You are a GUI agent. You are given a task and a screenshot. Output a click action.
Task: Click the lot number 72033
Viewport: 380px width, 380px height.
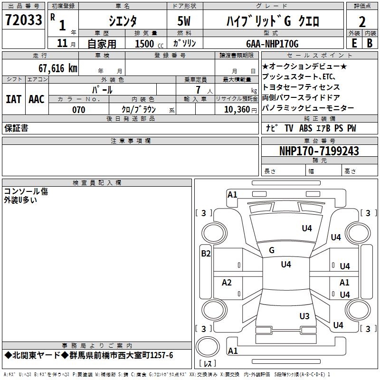click(23, 20)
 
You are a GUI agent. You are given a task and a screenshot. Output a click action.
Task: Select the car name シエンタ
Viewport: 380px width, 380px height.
click(123, 20)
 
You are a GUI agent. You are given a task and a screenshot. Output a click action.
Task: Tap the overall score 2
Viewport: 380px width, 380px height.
click(362, 21)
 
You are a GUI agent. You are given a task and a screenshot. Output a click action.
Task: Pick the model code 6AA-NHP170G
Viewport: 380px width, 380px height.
click(273, 44)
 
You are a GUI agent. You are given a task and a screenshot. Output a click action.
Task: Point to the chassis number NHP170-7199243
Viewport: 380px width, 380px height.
click(319, 151)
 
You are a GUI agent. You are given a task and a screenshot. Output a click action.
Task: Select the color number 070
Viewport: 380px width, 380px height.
click(78, 110)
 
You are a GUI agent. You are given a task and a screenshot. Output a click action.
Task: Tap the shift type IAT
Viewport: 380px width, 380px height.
click(13, 99)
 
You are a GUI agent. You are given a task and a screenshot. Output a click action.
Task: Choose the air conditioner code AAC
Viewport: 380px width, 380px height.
click(37, 99)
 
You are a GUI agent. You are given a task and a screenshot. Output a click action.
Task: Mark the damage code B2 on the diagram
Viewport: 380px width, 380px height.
click(206, 254)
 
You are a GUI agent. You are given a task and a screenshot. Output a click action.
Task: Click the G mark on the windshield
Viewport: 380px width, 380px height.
click(272, 250)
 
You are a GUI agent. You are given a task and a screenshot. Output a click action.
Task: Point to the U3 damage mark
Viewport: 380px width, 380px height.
click(304, 316)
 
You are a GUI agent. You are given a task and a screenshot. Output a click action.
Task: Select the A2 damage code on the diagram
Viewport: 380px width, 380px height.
click(227, 283)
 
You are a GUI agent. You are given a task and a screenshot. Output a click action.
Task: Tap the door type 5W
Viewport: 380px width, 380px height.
click(185, 20)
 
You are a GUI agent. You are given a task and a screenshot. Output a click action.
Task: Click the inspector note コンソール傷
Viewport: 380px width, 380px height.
click(26, 191)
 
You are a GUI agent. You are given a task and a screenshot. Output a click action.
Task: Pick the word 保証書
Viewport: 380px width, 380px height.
click(16, 128)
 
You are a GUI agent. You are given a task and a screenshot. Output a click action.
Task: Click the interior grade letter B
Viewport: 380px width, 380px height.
click(370, 43)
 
